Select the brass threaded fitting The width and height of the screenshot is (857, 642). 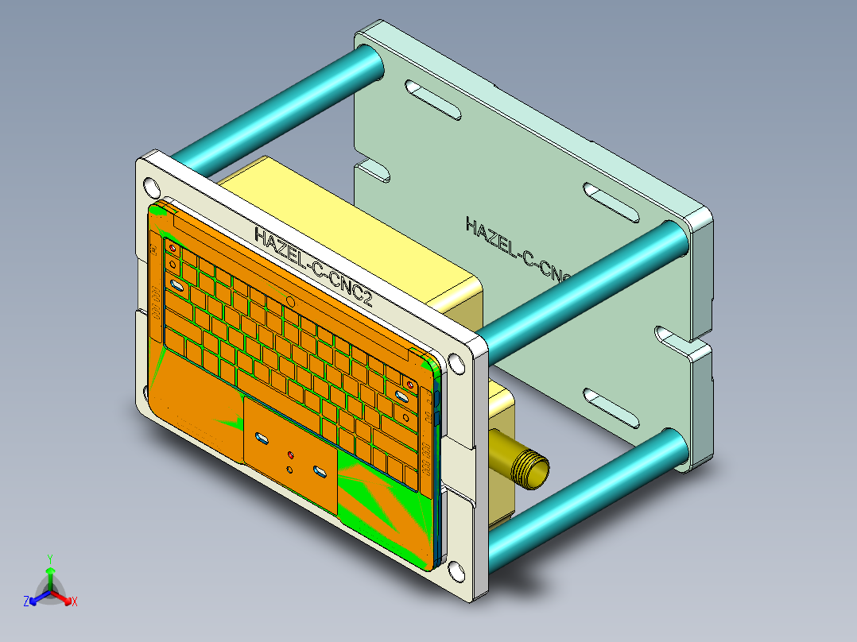click(x=525, y=468)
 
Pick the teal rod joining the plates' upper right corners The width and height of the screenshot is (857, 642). click(x=584, y=287)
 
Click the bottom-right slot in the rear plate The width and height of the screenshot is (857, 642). click(x=611, y=410)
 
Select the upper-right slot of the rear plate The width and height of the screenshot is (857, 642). click(x=611, y=203)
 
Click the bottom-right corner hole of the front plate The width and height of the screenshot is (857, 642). click(x=456, y=571)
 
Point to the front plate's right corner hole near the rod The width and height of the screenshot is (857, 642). click(x=456, y=363)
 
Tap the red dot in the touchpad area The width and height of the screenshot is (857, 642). click(x=290, y=455)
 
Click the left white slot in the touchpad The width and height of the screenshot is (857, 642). click(x=261, y=438)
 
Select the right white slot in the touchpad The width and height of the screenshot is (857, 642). click(x=320, y=474)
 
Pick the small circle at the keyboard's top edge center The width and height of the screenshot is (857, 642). click(x=291, y=302)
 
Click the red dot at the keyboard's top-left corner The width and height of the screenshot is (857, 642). click(x=172, y=248)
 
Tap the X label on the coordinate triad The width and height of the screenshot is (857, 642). click(x=75, y=602)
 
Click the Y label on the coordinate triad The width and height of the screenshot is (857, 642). click(x=49, y=559)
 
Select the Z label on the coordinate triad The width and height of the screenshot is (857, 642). click(x=26, y=602)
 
